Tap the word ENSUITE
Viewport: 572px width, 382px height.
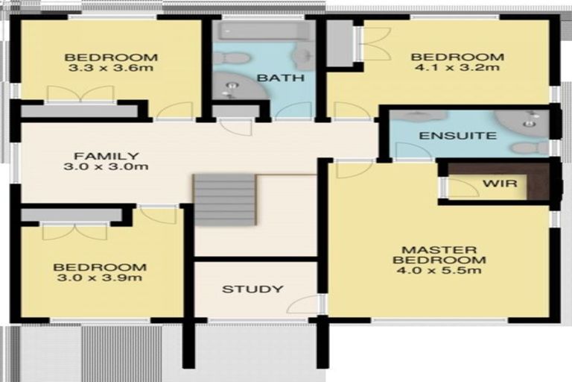(458, 136)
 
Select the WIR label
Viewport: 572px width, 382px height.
(500, 183)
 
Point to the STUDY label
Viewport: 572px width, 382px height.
(252, 289)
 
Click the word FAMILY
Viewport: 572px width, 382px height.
(107, 156)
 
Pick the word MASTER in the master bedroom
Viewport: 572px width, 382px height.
(439, 250)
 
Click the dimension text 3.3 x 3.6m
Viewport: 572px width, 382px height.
(110, 68)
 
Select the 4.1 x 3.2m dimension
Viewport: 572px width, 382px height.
(457, 67)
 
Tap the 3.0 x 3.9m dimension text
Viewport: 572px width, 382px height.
(100, 278)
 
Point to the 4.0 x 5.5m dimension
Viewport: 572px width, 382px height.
(439, 271)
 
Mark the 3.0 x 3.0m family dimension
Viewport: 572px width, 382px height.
(106, 166)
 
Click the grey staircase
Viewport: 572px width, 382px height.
(225, 200)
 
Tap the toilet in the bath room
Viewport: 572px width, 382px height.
(232, 57)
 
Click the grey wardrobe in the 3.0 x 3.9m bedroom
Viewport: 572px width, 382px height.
(71, 215)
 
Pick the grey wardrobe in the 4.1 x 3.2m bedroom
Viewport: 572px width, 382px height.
(340, 43)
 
